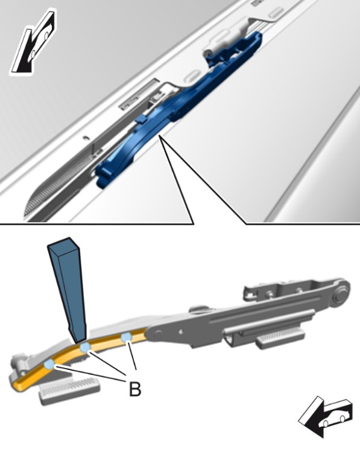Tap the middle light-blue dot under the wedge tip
click(x=85, y=348)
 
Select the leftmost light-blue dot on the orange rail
click(x=49, y=365)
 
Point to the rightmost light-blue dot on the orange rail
click(x=126, y=337)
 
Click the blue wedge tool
click(x=68, y=289)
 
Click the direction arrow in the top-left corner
click(x=33, y=43)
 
